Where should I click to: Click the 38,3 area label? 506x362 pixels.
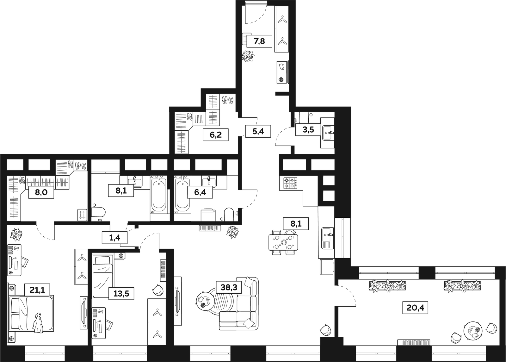pos(229,287)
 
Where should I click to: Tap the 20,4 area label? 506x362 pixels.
pos(415,308)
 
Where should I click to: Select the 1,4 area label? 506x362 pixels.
pos(114,238)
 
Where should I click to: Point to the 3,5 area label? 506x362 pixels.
pos(308,129)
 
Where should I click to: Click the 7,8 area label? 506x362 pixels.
pos(259,41)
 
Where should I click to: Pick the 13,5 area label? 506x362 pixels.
pos(121,293)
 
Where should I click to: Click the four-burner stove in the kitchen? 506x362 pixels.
pos(290,183)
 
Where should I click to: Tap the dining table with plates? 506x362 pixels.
pos(283,242)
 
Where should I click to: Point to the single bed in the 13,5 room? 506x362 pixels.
pos(102,277)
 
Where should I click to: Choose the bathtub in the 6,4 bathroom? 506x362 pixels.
pos(182,195)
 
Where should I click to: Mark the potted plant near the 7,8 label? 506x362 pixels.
pos(248,56)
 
